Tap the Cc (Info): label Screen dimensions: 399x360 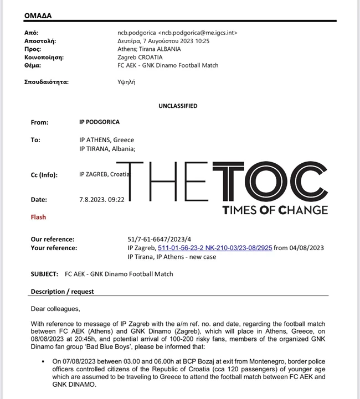point(48,174)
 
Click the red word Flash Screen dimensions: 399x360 point(39,217)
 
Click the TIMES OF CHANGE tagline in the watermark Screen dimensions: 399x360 point(275,210)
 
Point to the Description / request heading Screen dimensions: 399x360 point(63,291)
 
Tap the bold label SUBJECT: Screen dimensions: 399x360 point(44,274)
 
